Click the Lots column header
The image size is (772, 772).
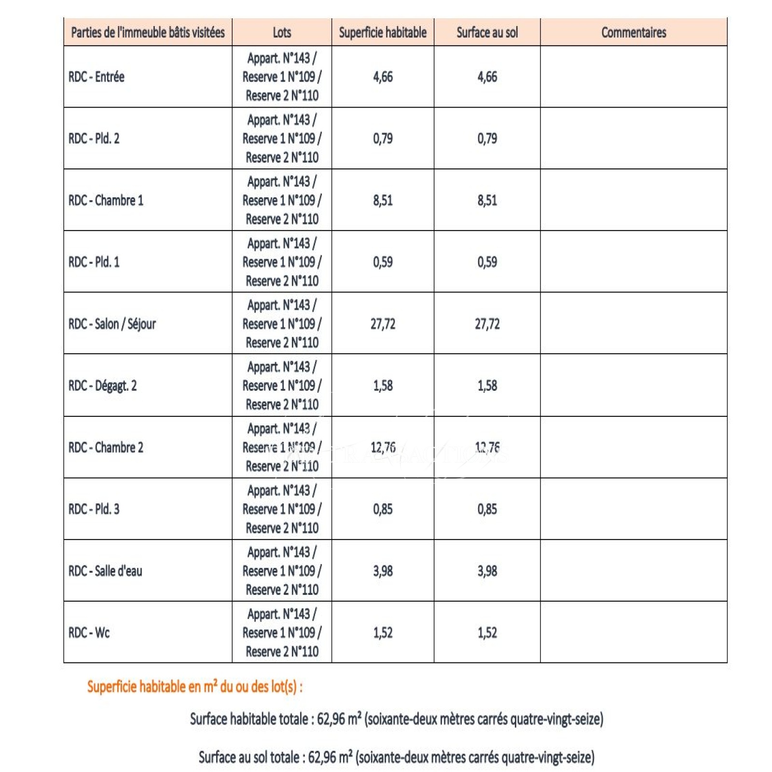(x=282, y=32)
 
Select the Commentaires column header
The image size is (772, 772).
(x=633, y=32)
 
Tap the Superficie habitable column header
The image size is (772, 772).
(x=383, y=32)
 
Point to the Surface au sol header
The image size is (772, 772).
(x=487, y=32)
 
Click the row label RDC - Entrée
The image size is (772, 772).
(x=96, y=77)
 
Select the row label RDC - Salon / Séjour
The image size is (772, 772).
(x=112, y=324)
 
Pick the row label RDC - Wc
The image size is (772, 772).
(x=89, y=633)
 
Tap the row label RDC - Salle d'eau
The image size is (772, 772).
(x=105, y=571)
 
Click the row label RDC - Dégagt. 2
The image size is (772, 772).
(x=102, y=386)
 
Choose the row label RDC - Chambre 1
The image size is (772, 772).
(x=106, y=200)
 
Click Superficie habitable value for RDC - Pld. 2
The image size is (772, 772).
(x=383, y=138)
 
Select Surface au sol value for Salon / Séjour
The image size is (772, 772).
(x=487, y=324)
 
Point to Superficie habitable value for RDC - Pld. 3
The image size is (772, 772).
(x=383, y=509)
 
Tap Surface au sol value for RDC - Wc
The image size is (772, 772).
(x=487, y=633)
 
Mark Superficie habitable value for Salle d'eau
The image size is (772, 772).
(x=383, y=571)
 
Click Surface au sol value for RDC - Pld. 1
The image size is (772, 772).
(x=487, y=262)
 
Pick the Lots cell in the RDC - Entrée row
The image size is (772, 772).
(x=282, y=77)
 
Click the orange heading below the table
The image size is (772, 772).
(x=195, y=686)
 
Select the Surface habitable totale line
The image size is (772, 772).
(x=396, y=719)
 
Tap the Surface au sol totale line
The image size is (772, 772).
(x=396, y=757)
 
